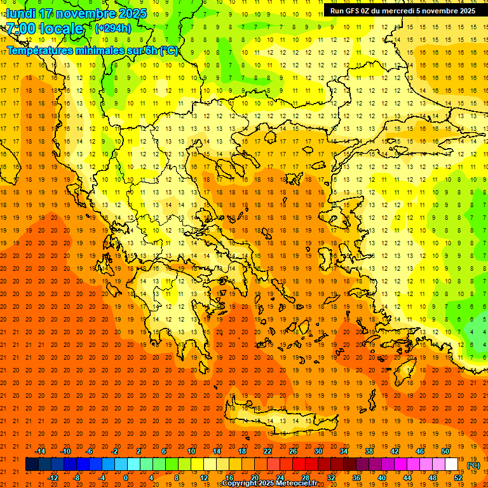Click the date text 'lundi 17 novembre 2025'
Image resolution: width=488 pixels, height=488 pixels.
76,13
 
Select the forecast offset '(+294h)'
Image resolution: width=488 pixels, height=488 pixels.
113,29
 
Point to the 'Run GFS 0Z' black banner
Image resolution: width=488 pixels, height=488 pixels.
402,11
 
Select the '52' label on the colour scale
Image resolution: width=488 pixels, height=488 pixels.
458,477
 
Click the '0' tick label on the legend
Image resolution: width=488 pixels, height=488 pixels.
125,477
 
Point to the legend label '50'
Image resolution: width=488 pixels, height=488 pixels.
445,451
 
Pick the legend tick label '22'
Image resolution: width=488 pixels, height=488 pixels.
268,451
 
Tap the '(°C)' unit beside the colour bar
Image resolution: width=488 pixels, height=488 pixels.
473,465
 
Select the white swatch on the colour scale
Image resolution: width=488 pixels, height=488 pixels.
451,464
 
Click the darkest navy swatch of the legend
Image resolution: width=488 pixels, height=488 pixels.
32,464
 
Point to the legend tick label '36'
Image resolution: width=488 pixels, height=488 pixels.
356,477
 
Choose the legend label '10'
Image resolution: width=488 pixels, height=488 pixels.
191,451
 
